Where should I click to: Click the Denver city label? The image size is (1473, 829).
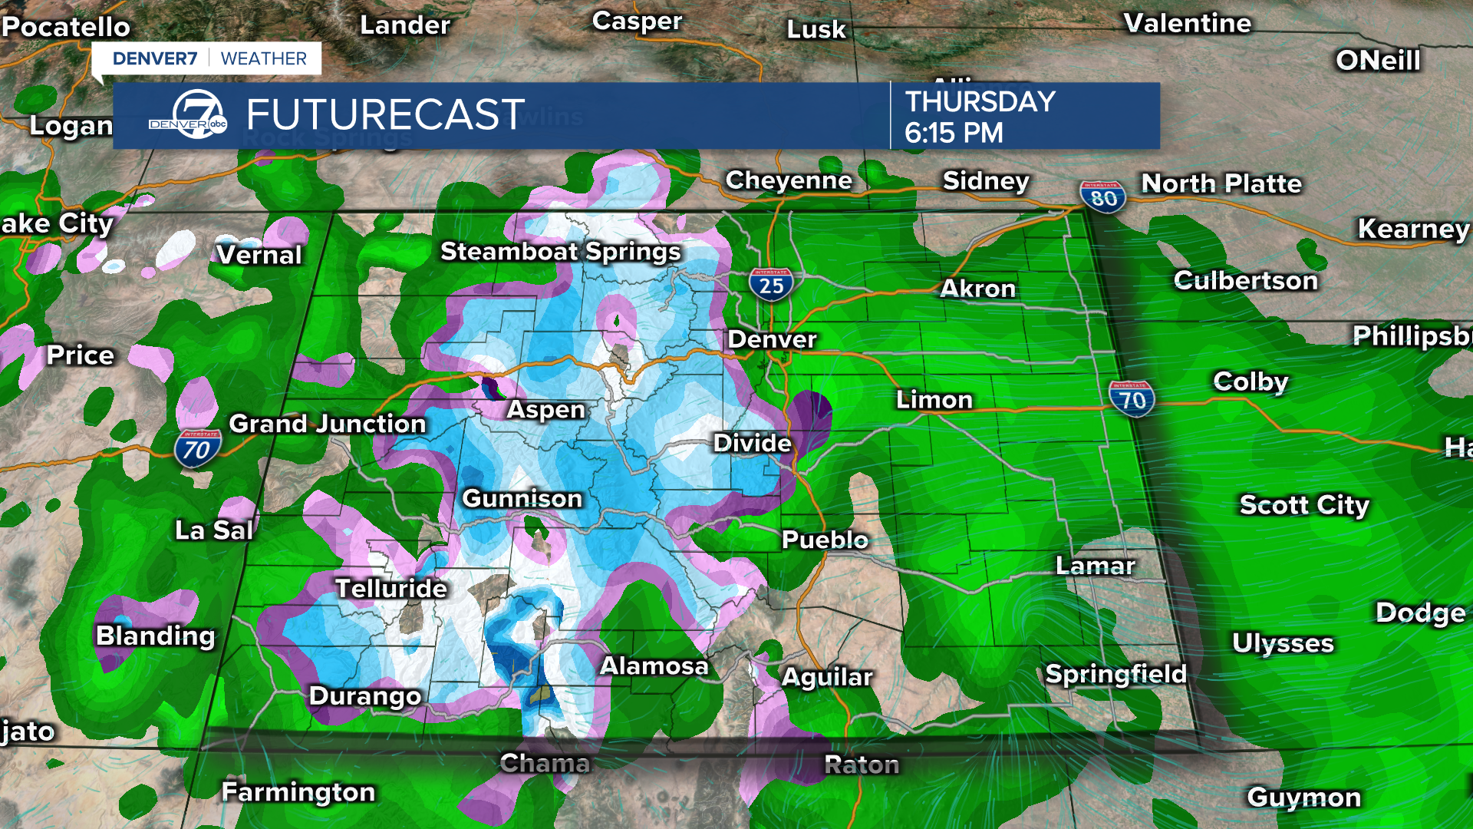772,339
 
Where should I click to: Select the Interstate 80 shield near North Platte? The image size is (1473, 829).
1103,197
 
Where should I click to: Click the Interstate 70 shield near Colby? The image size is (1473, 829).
1132,399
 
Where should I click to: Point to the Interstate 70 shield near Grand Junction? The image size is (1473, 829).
197,449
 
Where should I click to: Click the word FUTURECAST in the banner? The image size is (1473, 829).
385,115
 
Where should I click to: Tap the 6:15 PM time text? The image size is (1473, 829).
954,134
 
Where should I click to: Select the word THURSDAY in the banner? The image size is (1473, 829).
980,101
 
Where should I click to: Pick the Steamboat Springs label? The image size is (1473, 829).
560,252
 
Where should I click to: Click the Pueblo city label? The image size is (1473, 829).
825,540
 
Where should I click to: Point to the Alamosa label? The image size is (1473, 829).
654,666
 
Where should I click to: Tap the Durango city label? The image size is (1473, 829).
365,696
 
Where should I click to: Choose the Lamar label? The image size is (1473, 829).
1095,566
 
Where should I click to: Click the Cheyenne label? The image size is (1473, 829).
789,180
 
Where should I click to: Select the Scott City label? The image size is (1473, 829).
1304,505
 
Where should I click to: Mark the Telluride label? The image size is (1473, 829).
391,589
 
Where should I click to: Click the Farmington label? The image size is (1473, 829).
298,792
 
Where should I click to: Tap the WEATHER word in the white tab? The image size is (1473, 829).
263,59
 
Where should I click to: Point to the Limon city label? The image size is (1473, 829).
934,400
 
